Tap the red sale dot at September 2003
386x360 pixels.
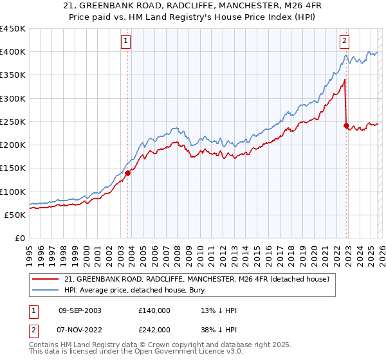coord(127,173)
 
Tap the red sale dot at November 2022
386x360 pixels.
coord(347,125)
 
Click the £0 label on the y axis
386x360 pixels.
coord(19,238)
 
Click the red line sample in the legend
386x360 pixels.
coord(45,279)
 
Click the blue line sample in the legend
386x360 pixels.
coord(45,290)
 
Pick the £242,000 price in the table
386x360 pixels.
coord(154,329)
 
